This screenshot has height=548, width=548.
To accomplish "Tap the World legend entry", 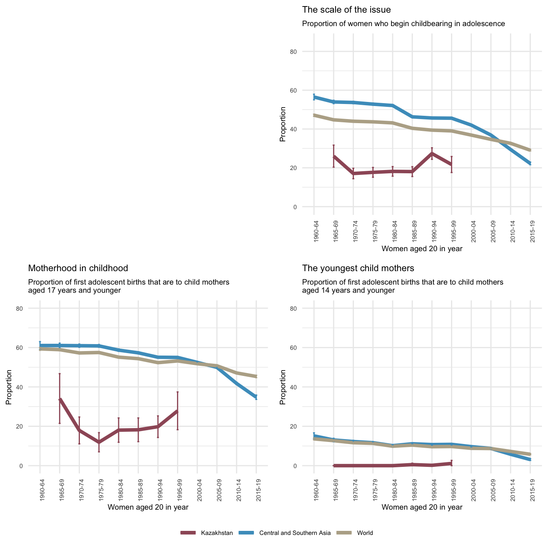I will pyautogui.click(x=365, y=533).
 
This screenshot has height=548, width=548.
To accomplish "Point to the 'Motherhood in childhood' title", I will pyautogui.click(x=78, y=268).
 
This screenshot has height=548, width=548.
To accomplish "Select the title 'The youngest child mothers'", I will pyautogui.click(x=358, y=268).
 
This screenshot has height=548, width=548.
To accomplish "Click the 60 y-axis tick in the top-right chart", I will pyautogui.click(x=305, y=91).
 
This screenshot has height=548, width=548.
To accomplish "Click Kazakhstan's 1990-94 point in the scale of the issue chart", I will pyautogui.click(x=432, y=153).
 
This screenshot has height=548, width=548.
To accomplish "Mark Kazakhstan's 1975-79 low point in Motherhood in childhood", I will pyautogui.click(x=99, y=442).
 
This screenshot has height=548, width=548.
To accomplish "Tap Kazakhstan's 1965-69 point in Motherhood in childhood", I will pyautogui.click(x=60, y=400).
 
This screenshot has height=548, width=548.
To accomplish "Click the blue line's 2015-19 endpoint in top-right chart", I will pyautogui.click(x=530, y=164).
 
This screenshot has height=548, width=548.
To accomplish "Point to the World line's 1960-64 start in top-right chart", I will pyautogui.click(x=314, y=115).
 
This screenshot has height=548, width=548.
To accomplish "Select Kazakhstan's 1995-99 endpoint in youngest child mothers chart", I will pyautogui.click(x=451, y=463).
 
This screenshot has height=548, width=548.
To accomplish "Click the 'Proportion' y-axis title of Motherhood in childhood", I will pyautogui.click(x=9, y=387).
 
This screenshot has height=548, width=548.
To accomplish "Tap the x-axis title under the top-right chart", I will pyautogui.click(x=422, y=248).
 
